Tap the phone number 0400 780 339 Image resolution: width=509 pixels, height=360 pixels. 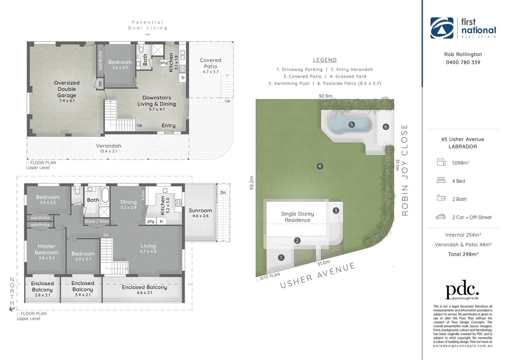463,62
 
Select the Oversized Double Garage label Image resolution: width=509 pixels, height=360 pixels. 66,89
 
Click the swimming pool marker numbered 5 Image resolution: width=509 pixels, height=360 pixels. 351,125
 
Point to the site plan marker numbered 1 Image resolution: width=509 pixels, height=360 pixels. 281,258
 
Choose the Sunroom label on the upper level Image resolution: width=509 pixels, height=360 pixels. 200,211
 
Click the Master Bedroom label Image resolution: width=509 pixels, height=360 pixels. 46,249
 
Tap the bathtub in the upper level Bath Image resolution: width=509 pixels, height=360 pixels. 105,195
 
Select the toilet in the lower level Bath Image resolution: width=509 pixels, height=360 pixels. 141,49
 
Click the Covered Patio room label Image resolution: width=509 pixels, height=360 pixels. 210,63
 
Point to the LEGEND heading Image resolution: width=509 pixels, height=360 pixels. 325,60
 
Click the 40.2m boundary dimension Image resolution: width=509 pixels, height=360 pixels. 252,183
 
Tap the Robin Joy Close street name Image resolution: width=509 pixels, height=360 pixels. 405,170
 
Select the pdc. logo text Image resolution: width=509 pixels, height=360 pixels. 462,289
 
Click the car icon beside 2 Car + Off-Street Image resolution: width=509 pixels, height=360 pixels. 441,217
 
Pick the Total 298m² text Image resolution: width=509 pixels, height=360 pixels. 463,254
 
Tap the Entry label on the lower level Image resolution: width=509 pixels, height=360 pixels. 168,125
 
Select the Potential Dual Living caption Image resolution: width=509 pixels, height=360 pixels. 148,25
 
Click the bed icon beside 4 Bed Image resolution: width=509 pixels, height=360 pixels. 441,180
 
